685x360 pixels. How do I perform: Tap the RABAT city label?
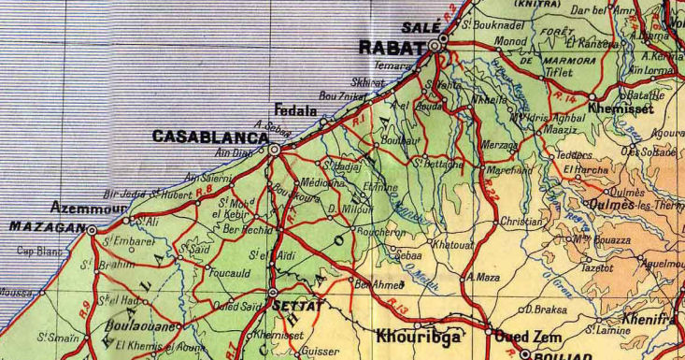(392, 46)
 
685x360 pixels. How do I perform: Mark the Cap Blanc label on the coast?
(37, 250)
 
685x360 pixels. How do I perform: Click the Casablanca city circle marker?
(274, 149)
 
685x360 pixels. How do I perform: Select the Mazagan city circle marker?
(93, 228)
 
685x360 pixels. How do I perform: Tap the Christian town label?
(521, 223)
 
